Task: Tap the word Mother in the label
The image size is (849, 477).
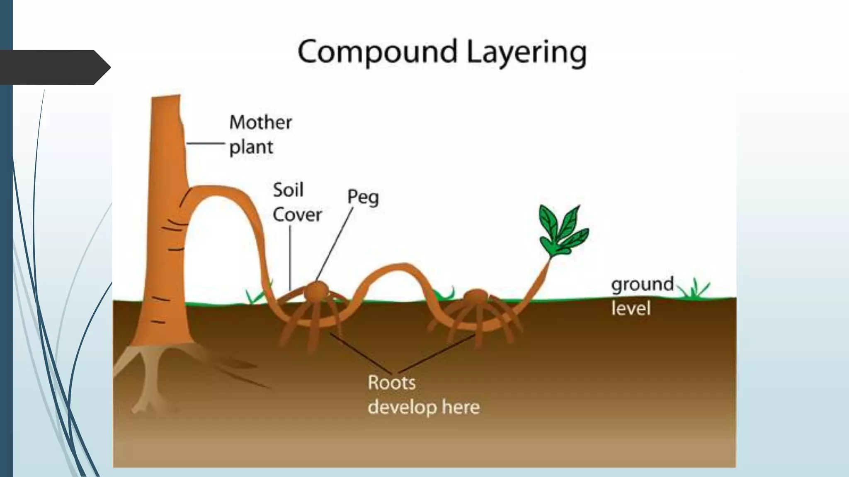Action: pyautogui.click(x=261, y=122)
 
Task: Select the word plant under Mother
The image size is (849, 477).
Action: pyautogui.click(x=251, y=147)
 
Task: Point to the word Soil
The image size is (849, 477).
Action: pyautogui.click(x=288, y=190)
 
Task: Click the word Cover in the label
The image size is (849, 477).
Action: pyautogui.click(x=297, y=214)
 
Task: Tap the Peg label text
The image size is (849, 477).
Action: pyautogui.click(x=363, y=197)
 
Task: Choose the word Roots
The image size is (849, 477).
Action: pyautogui.click(x=391, y=383)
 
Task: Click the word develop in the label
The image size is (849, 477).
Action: pyautogui.click(x=402, y=407)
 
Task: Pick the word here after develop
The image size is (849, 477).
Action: pyautogui.click(x=461, y=407)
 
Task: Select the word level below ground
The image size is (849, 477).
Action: pyautogui.click(x=631, y=308)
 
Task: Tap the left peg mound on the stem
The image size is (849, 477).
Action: pyautogui.click(x=317, y=291)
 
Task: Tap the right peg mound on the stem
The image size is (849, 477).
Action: pyautogui.click(x=476, y=297)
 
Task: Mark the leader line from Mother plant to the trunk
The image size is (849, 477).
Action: pyautogui.click(x=205, y=143)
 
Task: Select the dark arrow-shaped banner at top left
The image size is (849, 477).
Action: pyautogui.click(x=54, y=67)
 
